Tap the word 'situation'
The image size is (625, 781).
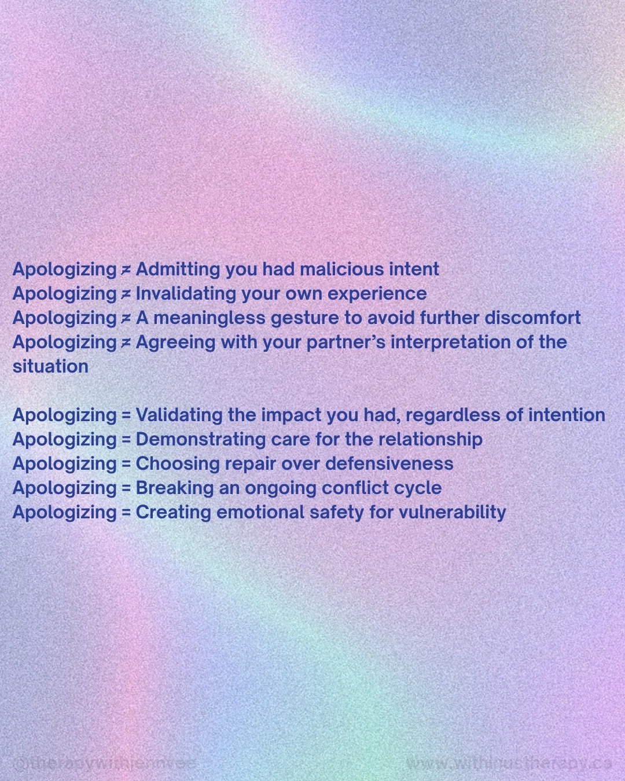[50, 366]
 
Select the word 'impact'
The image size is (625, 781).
[291, 415]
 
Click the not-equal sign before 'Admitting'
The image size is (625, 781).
[126, 270]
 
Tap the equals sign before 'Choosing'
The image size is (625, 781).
[126, 464]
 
